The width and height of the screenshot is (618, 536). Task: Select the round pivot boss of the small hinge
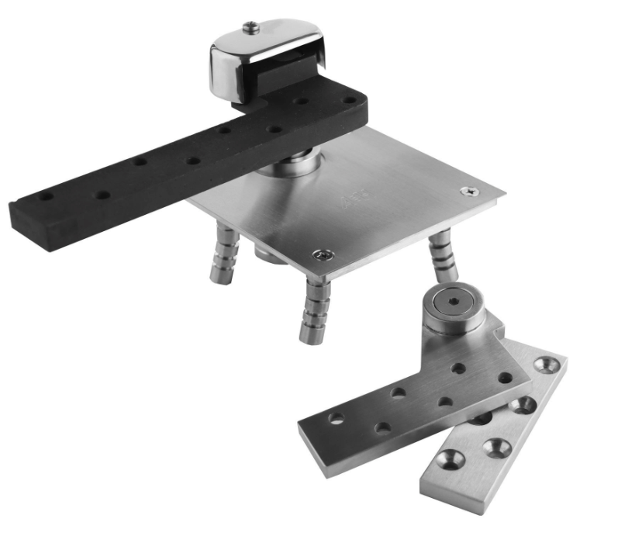click(x=453, y=310)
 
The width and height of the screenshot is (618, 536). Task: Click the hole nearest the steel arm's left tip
click(x=336, y=418)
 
